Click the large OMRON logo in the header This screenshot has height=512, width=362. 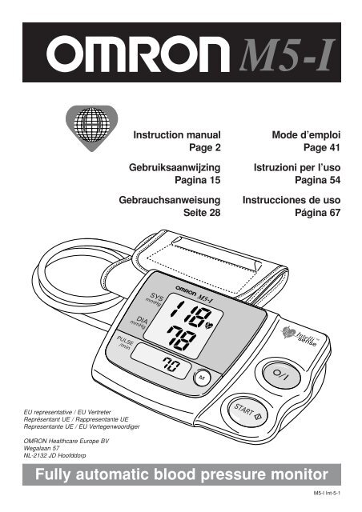pos(138,54)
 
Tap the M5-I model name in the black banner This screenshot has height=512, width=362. pos(288,54)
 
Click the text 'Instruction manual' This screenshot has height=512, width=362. pos(177,135)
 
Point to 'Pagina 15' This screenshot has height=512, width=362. pos(198,180)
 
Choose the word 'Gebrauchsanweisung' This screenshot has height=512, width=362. pos(170,200)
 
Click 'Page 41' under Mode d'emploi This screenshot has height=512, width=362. pos(322,147)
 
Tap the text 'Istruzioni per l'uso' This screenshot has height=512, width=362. pos(297,167)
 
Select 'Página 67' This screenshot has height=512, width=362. pos(317,213)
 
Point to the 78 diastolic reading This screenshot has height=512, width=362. pos(182,338)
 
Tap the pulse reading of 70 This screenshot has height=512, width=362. pos(171,365)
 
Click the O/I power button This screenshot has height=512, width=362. pos(282,375)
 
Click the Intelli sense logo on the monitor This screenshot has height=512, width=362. pos(300,336)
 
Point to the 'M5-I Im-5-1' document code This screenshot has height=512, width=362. pos(327,493)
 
